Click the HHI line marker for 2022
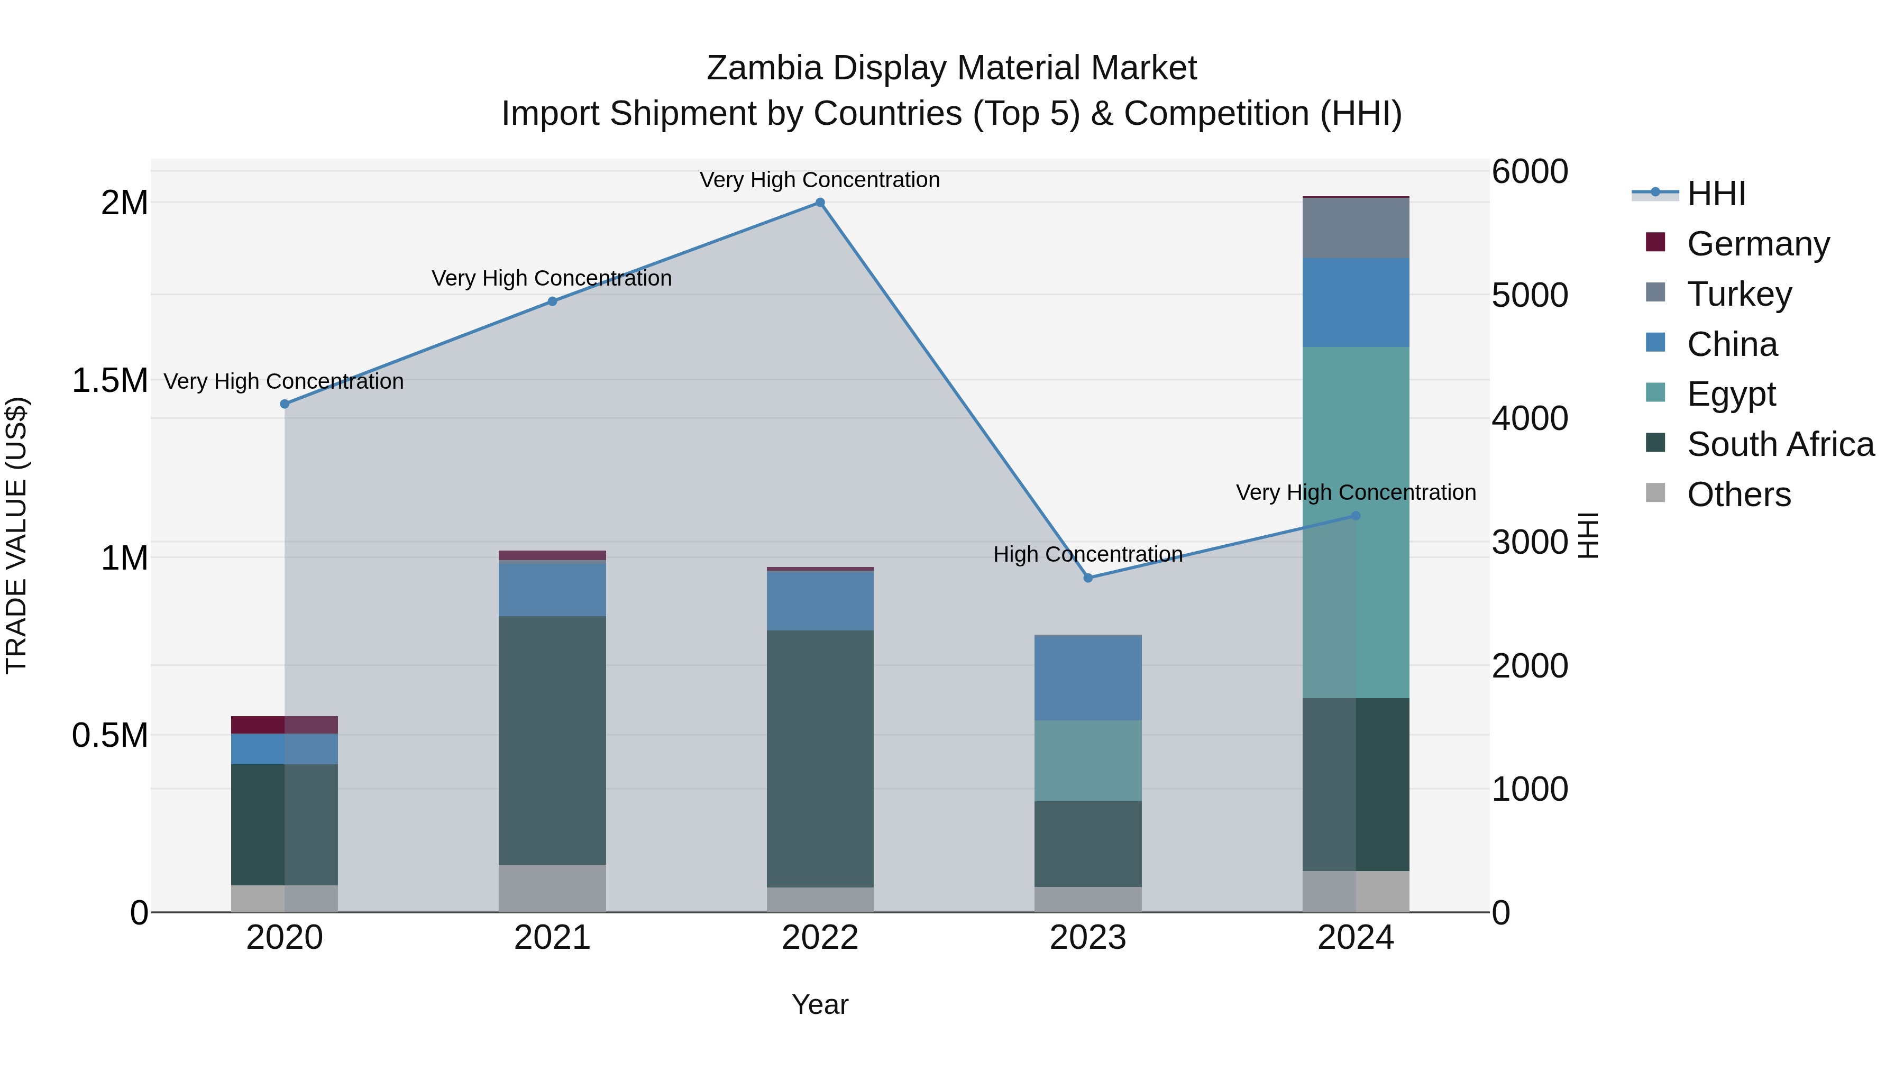click(820, 203)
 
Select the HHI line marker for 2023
click(1088, 578)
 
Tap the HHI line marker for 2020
click(285, 404)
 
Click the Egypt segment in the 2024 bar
click(1356, 522)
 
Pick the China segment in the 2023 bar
click(1088, 677)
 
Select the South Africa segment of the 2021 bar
click(552, 740)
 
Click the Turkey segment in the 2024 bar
click(1356, 227)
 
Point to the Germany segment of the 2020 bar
click(285, 725)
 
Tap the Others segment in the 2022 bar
click(820, 900)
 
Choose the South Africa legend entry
click(1780, 444)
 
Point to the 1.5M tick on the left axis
click(110, 381)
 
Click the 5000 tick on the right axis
click(1529, 295)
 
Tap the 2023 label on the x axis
click(1088, 938)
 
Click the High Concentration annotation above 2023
click(1088, 554)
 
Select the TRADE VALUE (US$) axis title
click(17, 535)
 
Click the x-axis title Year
click(820, 1004)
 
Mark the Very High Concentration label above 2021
click(552, 279)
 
